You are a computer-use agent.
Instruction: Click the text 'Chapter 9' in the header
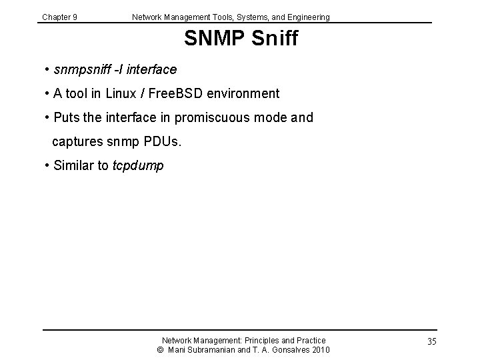59,17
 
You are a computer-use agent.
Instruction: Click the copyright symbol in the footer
160,350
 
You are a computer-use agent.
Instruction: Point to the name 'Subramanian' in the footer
213,350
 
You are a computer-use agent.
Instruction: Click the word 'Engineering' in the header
308,17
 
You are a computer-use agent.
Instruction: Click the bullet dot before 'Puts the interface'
48,118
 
